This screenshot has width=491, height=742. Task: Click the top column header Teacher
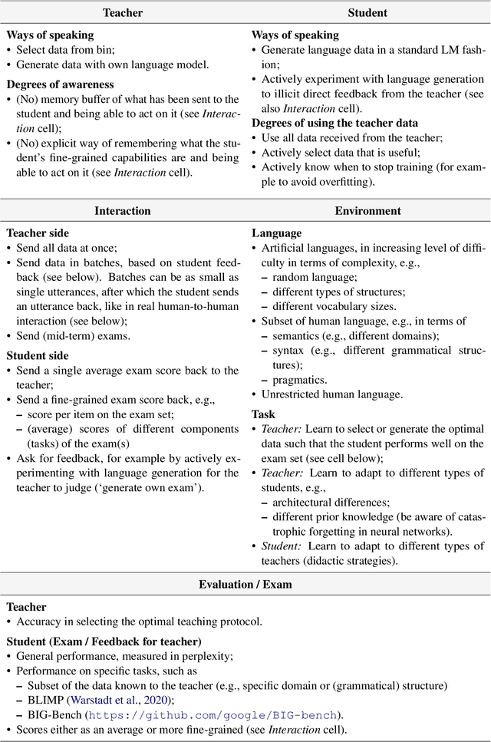coord(123,12)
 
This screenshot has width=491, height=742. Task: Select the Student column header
coord(367,12)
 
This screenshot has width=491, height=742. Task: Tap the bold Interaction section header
coord(123,210)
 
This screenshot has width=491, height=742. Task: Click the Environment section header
coord(367,210)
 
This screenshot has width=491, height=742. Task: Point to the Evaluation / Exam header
coord(245,584)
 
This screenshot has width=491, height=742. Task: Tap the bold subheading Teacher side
coord(38,232)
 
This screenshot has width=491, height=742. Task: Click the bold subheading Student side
coord(38,355)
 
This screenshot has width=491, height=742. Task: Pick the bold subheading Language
coord(276,232)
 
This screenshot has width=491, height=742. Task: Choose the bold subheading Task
coord(264,414)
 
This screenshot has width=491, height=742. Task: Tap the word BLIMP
coord(46,698)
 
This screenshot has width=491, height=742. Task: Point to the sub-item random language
coord(304,277)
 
